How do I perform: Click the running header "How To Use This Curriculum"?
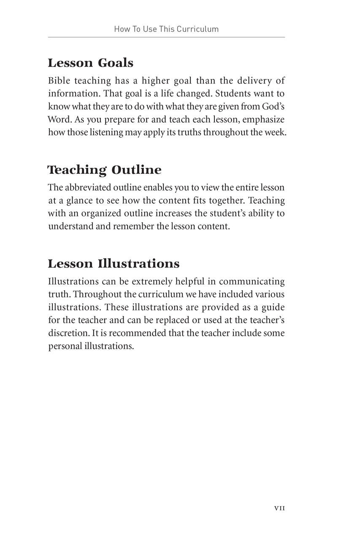(x=166, y=29)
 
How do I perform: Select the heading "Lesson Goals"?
(x=90, y=63)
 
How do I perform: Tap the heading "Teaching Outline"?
(x=105, y=170)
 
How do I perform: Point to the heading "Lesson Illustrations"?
(x=114, y=264)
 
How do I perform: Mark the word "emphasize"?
(x=263, y=119)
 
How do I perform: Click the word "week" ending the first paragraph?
(x=275, y=132)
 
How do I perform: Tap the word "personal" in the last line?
(x=64, y=346)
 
